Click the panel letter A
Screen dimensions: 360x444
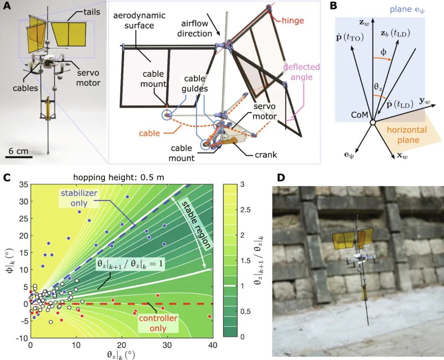point(7,6)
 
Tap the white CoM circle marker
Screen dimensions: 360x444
point(372,123)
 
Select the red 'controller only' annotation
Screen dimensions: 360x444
point(158,323)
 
